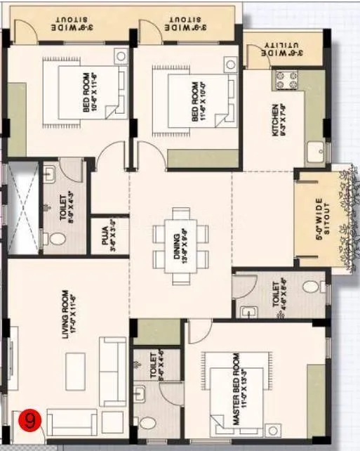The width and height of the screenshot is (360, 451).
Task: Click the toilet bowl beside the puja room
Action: pos(58,240)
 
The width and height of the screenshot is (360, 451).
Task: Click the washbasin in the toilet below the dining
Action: pos(247,312)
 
